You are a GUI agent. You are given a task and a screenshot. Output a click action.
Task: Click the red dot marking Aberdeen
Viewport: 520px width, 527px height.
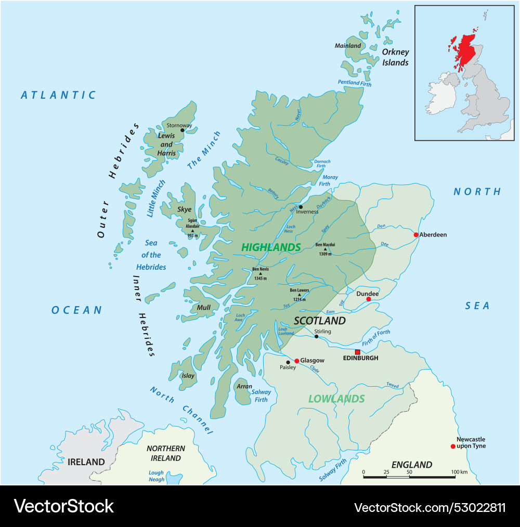[x=416, y=235]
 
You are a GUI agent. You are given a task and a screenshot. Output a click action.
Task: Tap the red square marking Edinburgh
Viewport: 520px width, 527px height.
[x=357, y=352]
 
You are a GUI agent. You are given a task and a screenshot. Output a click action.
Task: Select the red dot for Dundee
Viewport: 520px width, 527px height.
[x=369, y=299]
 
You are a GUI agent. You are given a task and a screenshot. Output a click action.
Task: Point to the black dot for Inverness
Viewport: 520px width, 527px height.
[x=301, y=207]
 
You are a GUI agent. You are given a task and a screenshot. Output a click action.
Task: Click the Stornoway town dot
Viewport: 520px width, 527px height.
[x=182, y=130]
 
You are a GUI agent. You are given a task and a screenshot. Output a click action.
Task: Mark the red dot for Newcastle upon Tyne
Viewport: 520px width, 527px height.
[x=453, y=446]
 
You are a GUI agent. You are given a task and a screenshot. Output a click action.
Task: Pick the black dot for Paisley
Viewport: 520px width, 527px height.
[x=288, y=362]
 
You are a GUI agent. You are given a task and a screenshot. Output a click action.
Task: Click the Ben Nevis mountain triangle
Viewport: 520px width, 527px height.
[x=261, y=273]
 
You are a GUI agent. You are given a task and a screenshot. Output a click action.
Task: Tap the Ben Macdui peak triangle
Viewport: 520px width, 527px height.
[x=326, y=249]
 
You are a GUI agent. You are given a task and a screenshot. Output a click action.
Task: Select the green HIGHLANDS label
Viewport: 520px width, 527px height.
[x=271, y=247]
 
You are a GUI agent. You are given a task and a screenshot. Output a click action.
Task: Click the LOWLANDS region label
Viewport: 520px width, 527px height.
[x=336, y=399]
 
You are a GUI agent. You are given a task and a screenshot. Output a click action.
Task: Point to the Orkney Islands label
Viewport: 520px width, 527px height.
[x=396, y=57]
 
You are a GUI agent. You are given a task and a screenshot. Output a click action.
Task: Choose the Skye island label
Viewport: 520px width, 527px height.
[x=185, y=209]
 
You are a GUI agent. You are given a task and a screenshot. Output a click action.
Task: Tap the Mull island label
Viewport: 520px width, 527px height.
[x=203, y=308]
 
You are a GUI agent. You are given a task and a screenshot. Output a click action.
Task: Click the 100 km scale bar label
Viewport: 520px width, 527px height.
[x=460, y=471]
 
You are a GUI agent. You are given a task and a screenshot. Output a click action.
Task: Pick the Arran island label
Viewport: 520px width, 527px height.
[x=244, y=387]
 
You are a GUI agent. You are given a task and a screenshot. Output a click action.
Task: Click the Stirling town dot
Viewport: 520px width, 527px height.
[x=316, y=337]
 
